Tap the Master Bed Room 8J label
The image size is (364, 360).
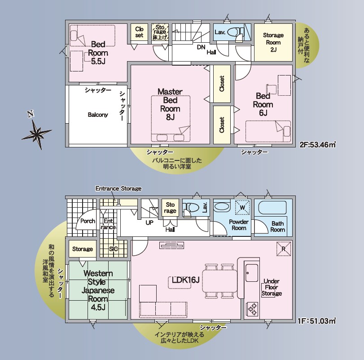point(170,104)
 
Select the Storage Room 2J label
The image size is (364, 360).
point(273,42)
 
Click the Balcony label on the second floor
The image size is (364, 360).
point(98,115)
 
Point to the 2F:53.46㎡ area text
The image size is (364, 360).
point(318,145)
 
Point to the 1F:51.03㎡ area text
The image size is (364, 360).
point(316,321)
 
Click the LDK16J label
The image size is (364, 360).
point(186,280)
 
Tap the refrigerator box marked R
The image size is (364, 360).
point(284,249)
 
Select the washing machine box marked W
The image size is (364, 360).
point(242,208)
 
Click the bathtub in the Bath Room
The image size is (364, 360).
point(272,208)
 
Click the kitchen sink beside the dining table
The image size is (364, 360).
point(252,273)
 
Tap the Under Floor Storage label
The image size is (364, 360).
point(272,287)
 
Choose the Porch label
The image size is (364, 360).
point(88,221)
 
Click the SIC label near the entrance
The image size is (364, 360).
point(113,249)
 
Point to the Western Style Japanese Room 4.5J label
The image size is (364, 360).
point(98,290)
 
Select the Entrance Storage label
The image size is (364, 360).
point(118,188)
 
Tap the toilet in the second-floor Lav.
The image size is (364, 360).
point(236,32)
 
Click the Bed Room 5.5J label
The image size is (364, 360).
point(98,53)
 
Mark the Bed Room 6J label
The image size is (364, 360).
point(263,104)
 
